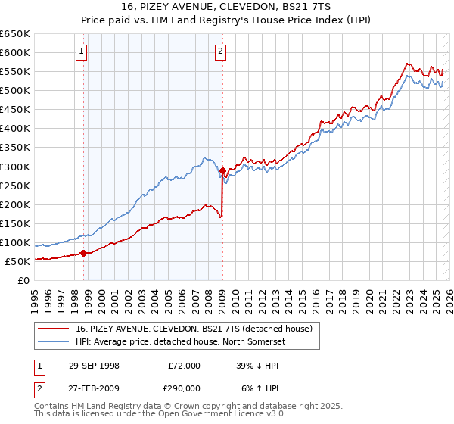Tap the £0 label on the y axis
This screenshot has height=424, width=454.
(x=24, y=280)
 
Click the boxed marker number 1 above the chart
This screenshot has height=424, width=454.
(x=82, y=51)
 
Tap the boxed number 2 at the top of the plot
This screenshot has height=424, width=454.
(x=220, y=51)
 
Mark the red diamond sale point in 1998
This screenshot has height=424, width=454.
(x=83, y=253)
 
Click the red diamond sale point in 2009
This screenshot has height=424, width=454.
(x=222, y=170)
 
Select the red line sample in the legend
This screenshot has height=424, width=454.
(x=54, y=328)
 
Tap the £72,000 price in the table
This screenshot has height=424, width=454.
(x=184, y=365)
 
